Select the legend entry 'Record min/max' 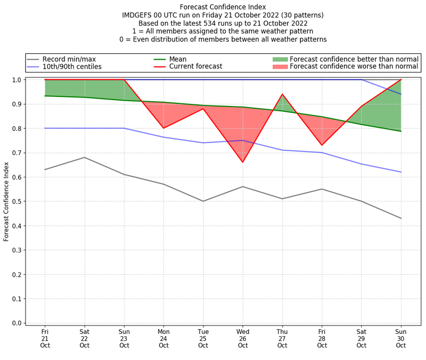[69, 59]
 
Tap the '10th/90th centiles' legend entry [72, 67]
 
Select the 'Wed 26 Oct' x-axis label [243, 338]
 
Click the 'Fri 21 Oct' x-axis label [45, 338]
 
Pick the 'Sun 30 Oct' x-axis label [401, 338]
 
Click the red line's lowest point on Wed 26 [243, 162]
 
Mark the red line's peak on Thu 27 [282, 94]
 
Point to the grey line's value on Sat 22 [84, 157]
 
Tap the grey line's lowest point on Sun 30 [401, 218]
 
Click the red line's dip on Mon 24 [163, 128]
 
